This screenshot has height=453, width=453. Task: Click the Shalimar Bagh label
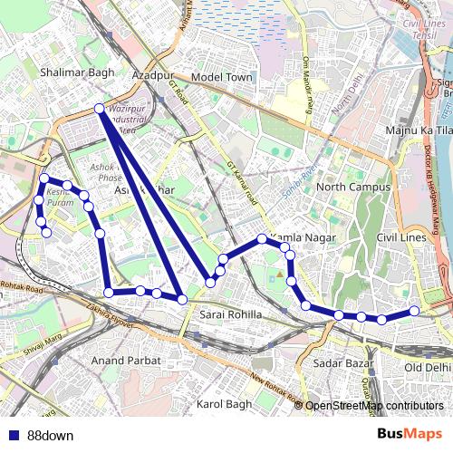point(70,69)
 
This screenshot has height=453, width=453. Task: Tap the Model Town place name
point(222,78)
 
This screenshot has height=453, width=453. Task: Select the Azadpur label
point(153,76)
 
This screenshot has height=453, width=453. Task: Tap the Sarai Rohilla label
point(230,315)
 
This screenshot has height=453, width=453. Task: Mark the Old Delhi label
point(427,367)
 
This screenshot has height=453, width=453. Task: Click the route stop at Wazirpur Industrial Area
point(100,109)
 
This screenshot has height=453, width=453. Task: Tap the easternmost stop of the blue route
point(415,311)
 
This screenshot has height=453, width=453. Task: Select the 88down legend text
point(50,435)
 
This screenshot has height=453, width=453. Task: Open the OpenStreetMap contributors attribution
point(373,406)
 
